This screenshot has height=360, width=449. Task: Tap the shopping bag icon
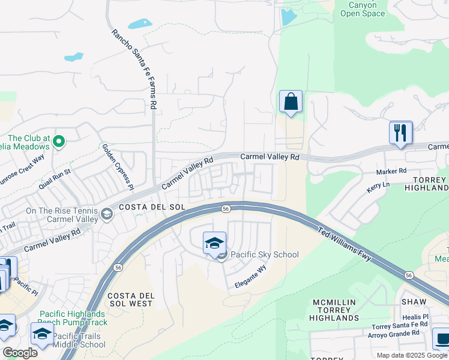(x=291, y=102)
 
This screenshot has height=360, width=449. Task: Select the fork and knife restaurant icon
(x=400, y=133)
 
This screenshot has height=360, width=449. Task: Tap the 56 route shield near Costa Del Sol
(x=225, y=209)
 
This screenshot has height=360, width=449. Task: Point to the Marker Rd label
(x=391, y=172)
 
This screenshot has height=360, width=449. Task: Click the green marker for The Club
(x=58, y=142)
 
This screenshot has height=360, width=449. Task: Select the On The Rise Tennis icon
(x=106, y=214)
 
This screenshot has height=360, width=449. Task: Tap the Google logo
(x=20, y=353)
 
